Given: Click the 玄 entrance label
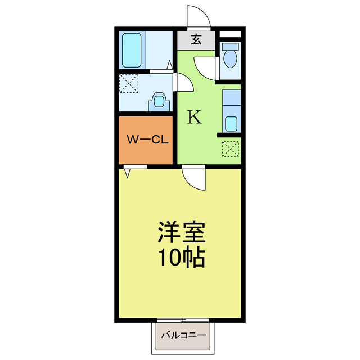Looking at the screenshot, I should point(196,40).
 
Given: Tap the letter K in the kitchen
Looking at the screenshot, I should point(194,117).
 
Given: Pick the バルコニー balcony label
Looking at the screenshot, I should point(184,335).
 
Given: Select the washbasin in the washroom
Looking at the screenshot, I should point(159,102).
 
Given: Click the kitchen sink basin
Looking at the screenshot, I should point(231,123).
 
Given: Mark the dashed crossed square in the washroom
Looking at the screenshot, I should point(128,85).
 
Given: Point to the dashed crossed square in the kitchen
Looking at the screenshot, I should point(231,148).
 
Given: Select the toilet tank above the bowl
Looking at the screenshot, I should point(230,47).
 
